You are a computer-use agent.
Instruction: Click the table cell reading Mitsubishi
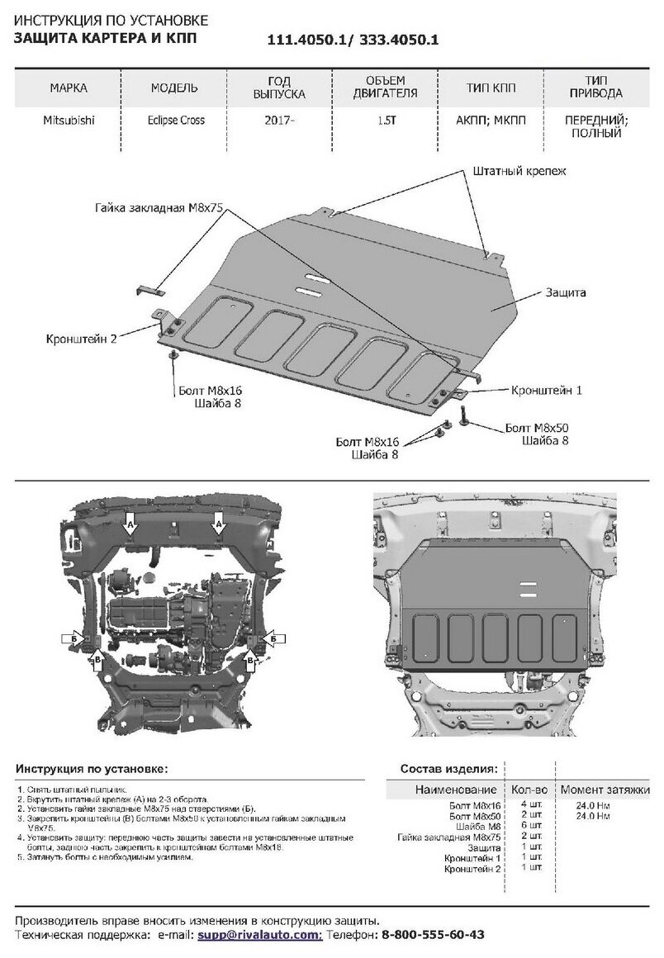coord(69,120)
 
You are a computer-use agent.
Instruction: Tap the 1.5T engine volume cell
coord(386,120)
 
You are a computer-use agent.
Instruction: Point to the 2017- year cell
coord(280,120)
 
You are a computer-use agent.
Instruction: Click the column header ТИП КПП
coord(491,88)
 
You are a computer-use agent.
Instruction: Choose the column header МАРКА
coord(69,88)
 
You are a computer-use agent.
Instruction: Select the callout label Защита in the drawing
coord(566,292)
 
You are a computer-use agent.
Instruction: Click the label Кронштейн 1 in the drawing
coord(547,389)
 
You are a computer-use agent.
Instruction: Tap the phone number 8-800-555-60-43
coord(433,935)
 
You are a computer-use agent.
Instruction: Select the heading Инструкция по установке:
coord(91,768)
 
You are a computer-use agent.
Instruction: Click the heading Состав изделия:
coord(448,768)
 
